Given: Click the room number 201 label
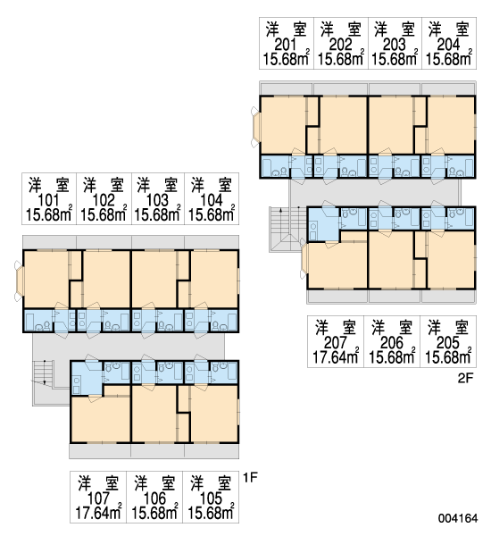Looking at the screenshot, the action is (286, 45).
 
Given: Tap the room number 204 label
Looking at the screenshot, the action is (449, 45).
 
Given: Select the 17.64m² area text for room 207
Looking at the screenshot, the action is (336, 356).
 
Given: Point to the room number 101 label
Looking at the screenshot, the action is (48, 200).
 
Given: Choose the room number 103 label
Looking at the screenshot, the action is (157, 200).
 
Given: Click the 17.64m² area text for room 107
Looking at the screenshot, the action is (98, 512).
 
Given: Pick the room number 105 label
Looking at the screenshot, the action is (211, 498).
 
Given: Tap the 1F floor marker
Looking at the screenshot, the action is (250, 477).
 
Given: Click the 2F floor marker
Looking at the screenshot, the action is (465, 378).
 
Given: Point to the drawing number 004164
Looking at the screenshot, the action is (458, 518).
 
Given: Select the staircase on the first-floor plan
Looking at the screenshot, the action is (44, 373).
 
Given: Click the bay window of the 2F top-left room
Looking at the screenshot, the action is (255, 127).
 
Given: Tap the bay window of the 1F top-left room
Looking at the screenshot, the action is (19, 281).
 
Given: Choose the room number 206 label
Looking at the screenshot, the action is (392, 342).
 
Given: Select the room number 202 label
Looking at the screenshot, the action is (340, 45).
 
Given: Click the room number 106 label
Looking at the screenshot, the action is (154, 498).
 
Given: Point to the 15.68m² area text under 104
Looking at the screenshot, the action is (212, 214).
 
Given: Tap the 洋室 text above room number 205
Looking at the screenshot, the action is (448, 327).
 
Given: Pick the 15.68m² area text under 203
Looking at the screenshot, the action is (395, 58).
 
